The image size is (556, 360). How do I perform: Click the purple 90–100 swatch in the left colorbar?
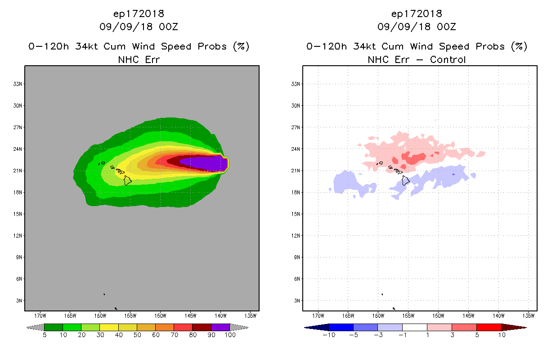click(220, 327)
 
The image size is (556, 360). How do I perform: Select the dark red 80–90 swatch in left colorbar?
click(202, 327)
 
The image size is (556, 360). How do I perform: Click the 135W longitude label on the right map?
click(529, 315)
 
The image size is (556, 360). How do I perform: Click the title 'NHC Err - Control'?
click(417, 59)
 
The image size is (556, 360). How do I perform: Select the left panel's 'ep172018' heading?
click(139, 13)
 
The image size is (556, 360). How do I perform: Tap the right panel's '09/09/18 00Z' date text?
click(417, 27)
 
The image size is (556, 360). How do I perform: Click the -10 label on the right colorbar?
click(327, 335)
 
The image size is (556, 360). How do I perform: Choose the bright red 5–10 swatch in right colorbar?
click(489, 327)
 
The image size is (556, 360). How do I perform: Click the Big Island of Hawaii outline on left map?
click(128, 180)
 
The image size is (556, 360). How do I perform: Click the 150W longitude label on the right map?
click(438, 315)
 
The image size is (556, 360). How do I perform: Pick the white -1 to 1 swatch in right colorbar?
click(414, 327)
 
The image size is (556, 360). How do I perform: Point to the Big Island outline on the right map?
click(406, 180)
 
